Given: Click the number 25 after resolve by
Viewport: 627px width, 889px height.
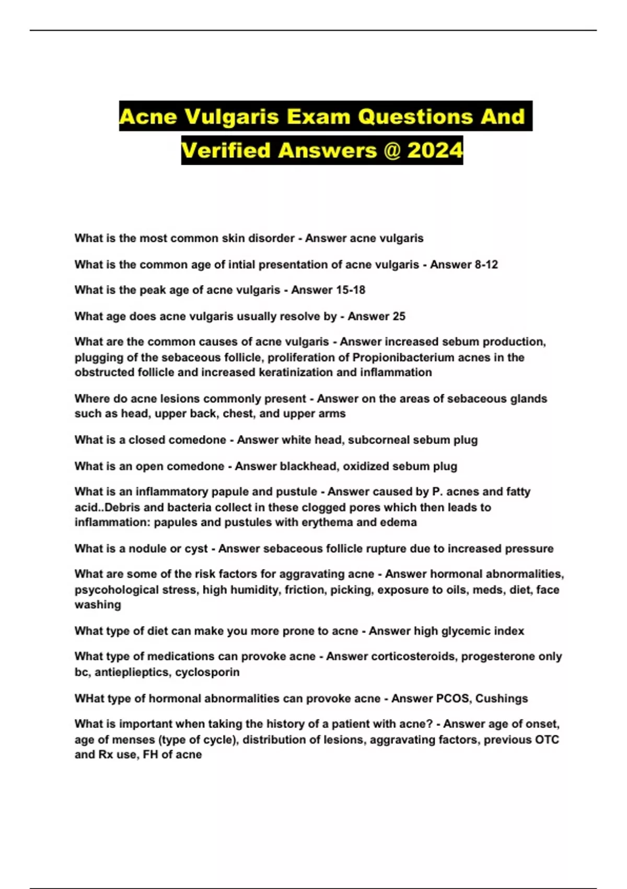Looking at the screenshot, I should [x=399, y=316].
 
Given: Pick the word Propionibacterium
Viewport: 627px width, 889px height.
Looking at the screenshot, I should [x=403, y=357].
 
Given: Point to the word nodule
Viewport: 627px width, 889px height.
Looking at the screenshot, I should [x=154, y=549].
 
